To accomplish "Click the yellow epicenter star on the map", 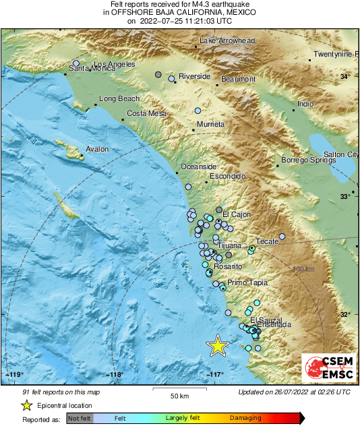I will (x=218, y=345).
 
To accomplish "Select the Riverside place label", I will (x=194, y=77).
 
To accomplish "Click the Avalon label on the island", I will (x=97, y=150).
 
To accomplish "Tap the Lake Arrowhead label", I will (x=227, y=41).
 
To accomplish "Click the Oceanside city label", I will (x=198, y=166).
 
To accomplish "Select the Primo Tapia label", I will (x=247, y=282).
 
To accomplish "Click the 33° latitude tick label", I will (x=344, y=196).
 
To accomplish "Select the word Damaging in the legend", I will (x=245, y=418).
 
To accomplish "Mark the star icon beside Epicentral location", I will (x=26, y=405).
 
